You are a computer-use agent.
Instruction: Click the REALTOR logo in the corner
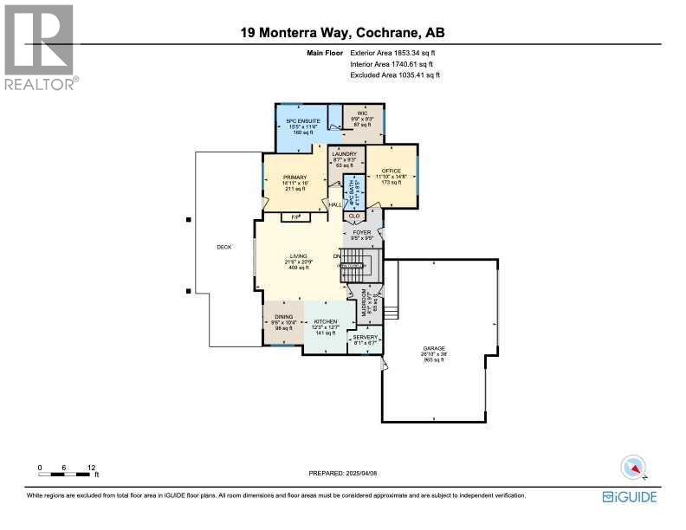point(40,48)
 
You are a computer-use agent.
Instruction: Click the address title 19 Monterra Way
point(342,34)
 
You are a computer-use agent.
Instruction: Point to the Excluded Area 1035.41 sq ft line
point(395,75)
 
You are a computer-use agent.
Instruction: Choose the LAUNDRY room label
point(345,153)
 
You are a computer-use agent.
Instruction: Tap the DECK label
point(225,247)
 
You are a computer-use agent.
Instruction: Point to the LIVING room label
point(300,256)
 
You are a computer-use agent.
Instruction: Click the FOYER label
point(362,233)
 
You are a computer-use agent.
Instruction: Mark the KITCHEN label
point(325,320)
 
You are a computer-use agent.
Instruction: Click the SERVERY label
point(366,338)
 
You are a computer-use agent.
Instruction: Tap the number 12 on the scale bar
point(90,468)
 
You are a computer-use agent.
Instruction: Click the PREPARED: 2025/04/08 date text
point(344,474)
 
